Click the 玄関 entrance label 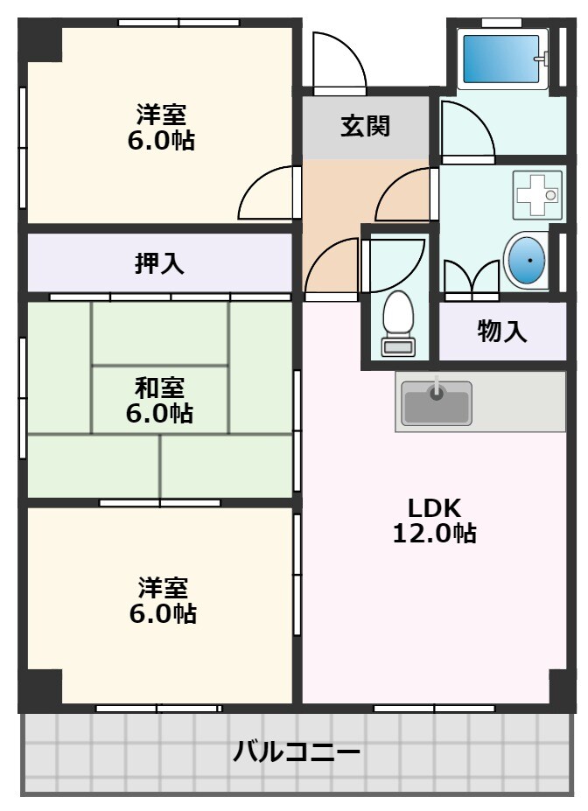point(365,127)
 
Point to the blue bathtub point(500,59)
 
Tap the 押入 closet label point(159,263)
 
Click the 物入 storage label point(502,332)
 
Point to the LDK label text point(434,507)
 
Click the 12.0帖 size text point(434,533)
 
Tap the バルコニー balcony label point(297,752)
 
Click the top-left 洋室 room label point(160,115)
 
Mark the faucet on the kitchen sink point(436,388)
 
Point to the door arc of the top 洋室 point(268,193)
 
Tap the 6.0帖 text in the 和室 point(159,413)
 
